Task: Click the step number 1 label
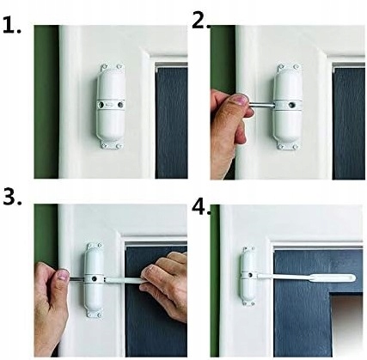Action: click(12, 25)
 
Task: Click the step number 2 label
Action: click(201, 21)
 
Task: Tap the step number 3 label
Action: click(12, 197)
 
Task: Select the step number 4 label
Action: click(201, 206)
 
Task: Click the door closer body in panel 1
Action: click(111, 107)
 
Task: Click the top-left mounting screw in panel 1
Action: click(104, 67)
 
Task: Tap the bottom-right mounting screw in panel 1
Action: click(119, 146)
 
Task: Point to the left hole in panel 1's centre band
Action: click(101, 105)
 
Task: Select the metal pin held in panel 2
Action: click(261, 106)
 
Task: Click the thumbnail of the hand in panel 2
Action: click(239, 100)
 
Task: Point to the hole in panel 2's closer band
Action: click(292, 106)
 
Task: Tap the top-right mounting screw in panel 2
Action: click(297, 67)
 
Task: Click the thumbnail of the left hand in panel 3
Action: click(63, 275)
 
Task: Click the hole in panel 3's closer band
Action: click(94, 278)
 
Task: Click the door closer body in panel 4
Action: click(248, 276)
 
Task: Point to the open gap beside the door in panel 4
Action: click(346, 324)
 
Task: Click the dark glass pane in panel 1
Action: click(171, 123)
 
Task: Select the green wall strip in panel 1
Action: click(46, 101)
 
